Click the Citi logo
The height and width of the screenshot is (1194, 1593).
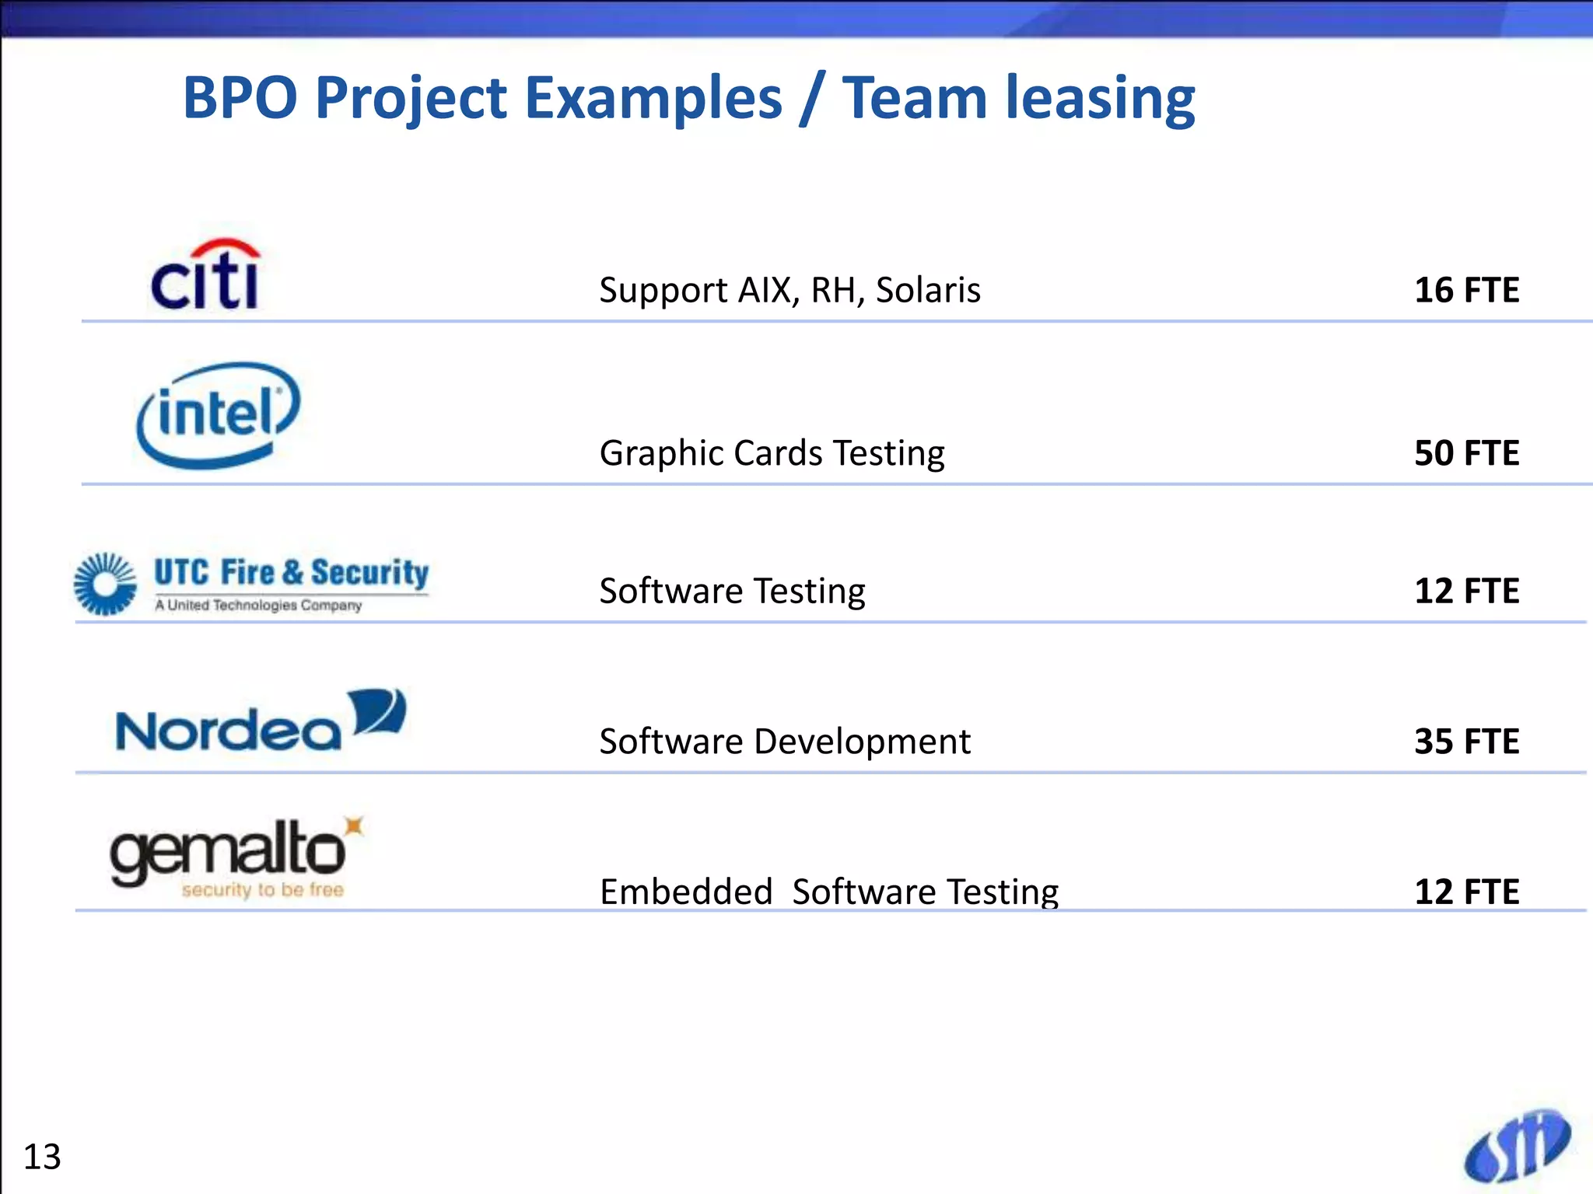point(205,275)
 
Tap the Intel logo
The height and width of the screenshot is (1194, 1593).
point(218,415)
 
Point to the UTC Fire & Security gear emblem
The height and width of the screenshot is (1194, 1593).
point(105,584)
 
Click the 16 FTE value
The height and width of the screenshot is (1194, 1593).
point(1466,290)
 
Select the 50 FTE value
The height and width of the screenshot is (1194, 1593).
point(1466,453)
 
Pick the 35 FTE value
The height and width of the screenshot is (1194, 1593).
point(1466,742)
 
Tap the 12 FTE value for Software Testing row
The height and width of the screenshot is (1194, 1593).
point(1466,592)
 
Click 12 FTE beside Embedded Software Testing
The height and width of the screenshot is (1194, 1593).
point(1466,892)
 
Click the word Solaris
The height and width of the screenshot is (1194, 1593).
point(927,290)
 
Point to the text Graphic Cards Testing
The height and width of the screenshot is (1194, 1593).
point(772,453)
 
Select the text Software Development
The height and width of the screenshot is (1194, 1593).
point(784,742)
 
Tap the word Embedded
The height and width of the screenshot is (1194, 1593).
point(685,892)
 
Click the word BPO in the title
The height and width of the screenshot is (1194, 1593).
point(240,98)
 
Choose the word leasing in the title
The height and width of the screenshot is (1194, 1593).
point(1100,99)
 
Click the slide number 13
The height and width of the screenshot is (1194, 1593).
point(42,1157)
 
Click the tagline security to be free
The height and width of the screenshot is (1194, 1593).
point(262,890)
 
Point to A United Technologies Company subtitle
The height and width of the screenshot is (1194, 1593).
point(258,606)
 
